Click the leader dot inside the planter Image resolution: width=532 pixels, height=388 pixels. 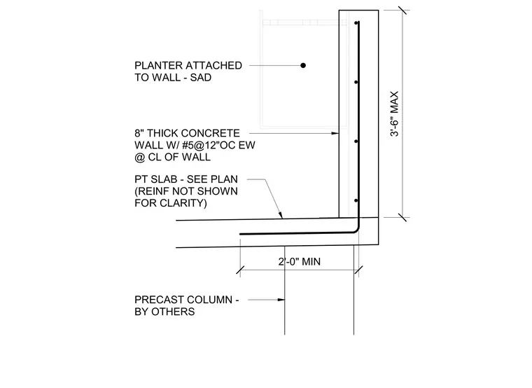[303, 65]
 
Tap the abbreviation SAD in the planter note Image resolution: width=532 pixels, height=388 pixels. [200, 78]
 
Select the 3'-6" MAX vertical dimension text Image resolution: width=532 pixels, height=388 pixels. [394, 113]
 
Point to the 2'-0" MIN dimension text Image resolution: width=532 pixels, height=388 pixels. [300, 262]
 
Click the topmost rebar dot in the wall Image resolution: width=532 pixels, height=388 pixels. [356, 23]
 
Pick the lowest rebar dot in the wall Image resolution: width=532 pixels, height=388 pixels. [356, 200]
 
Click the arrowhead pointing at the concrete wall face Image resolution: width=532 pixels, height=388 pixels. [335, 133]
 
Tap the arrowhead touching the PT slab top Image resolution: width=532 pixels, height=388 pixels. [280, 215]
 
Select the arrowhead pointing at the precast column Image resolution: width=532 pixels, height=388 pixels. [281, 300]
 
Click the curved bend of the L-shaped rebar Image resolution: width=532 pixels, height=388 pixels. [356, 230]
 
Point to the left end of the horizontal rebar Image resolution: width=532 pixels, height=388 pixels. [241, 234]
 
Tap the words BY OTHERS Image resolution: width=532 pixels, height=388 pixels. [164, 312]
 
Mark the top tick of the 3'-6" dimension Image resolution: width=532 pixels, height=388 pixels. [402, 11]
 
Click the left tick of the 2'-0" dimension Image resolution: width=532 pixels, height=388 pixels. [240, 270]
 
